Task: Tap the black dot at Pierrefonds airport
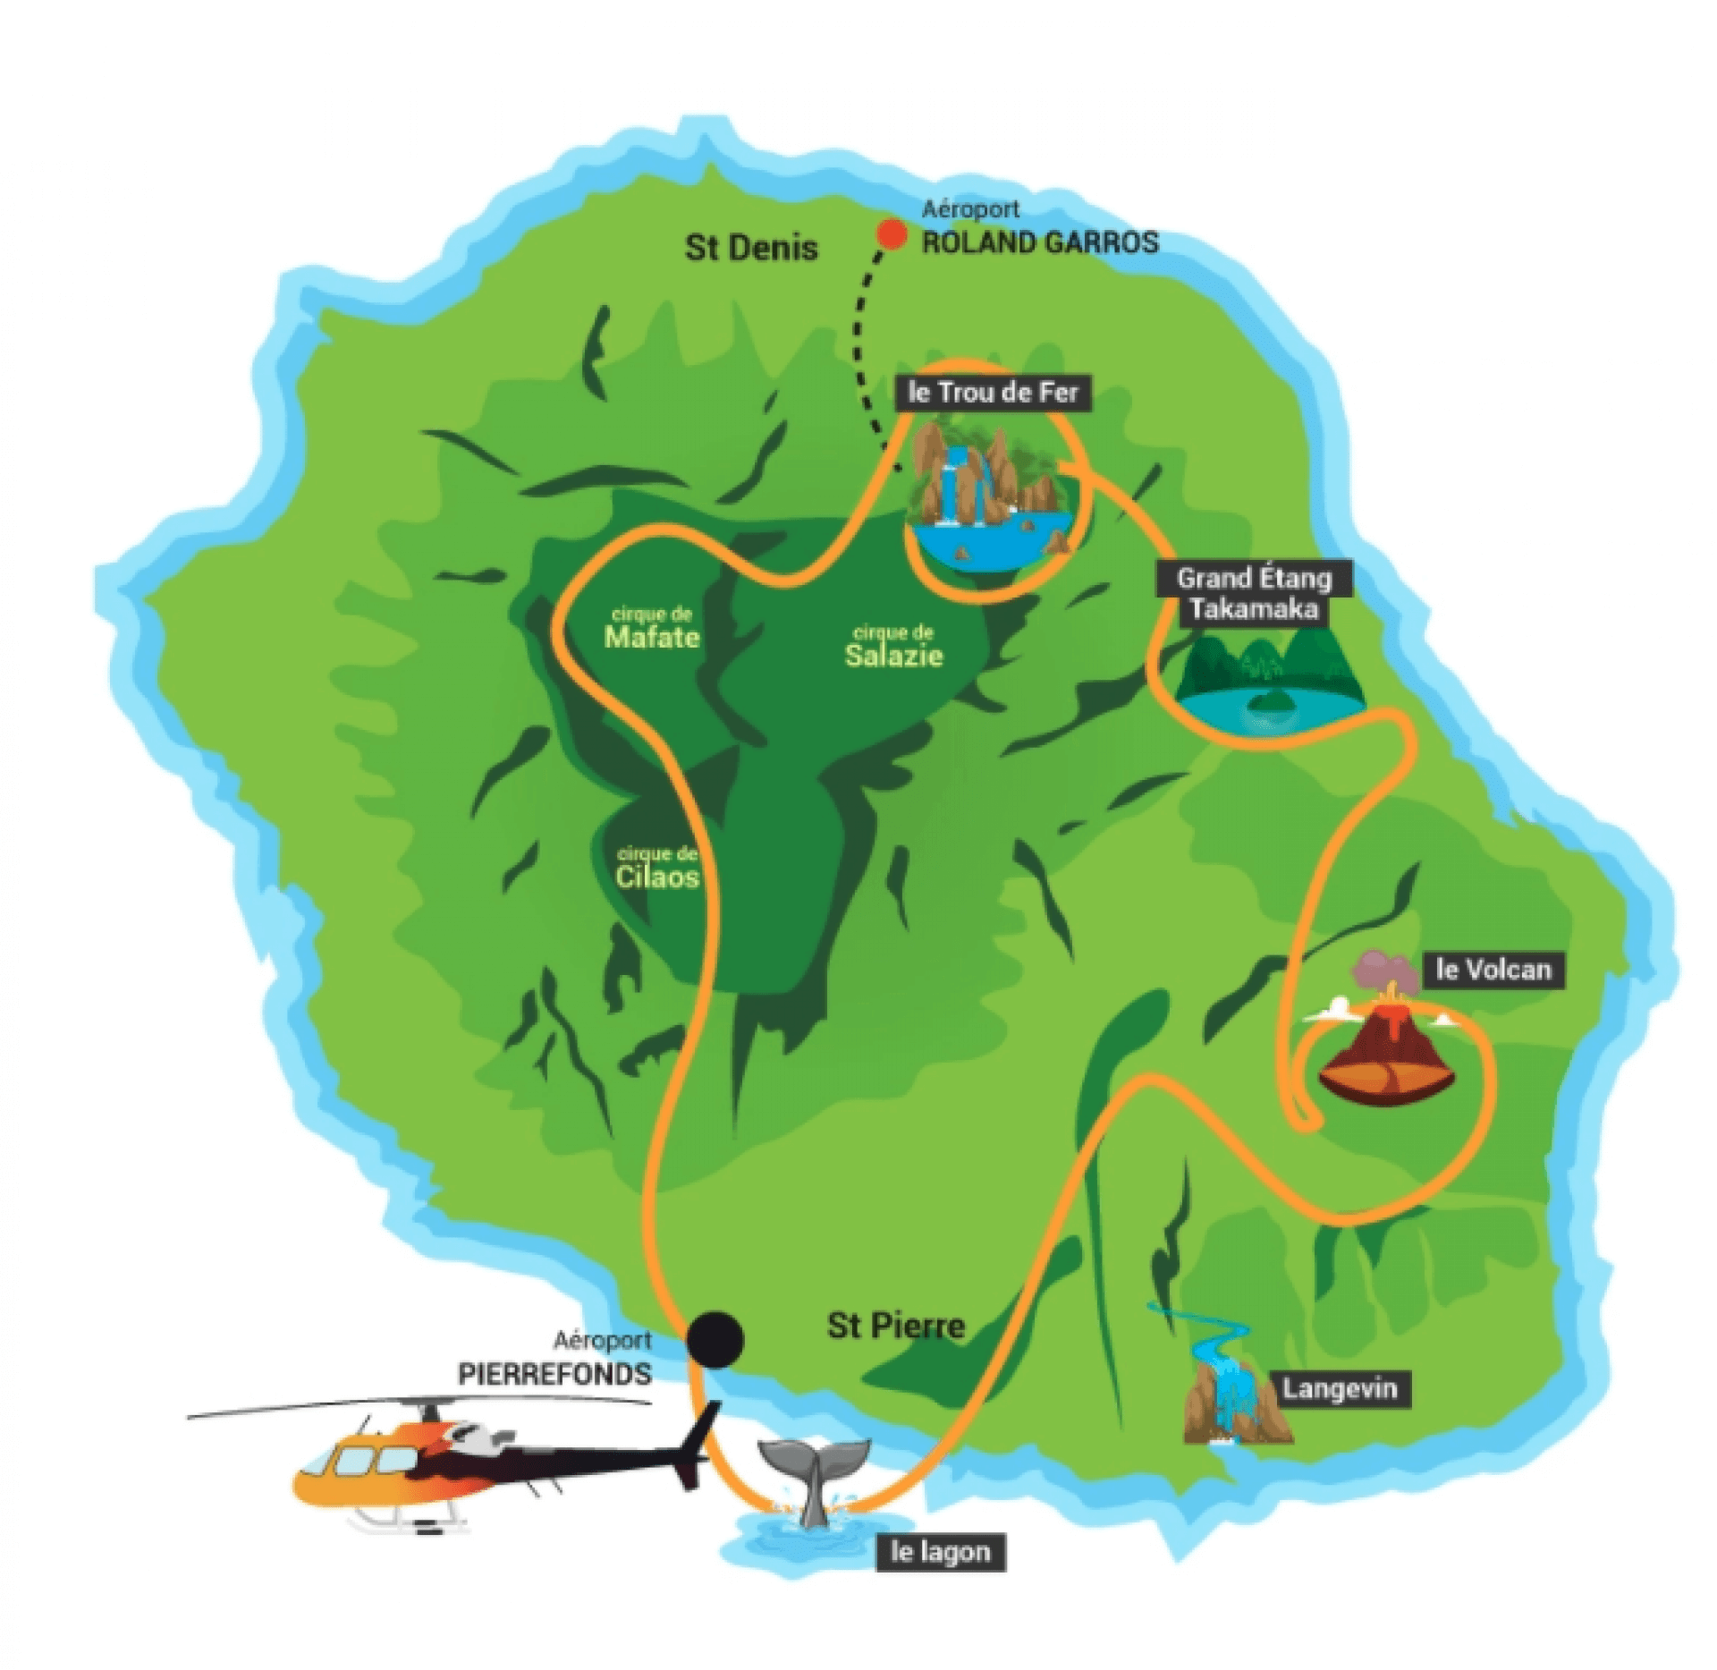[x=715, y=1339]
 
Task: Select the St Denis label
[x=751, y=248]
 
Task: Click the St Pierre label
[x=896, y=1326]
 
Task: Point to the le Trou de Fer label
[x=993, y=393]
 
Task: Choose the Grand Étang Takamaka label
[x=1253, y=593]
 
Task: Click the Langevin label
[x=1339, y=1389]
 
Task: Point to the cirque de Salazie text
[x=893, y=647]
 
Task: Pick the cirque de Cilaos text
[x=657, y=869]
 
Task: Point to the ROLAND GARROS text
[x=1040, y=242]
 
